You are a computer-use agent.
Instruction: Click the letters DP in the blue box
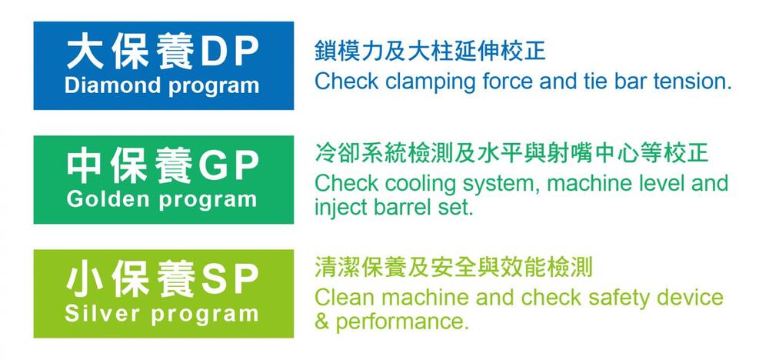(x=228, y=52)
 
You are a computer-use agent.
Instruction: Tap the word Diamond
(x=114, y=85)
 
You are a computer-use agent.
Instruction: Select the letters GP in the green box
(x=228, y=167)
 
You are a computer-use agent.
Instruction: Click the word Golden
(x=108, y=199)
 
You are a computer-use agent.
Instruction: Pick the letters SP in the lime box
(x=228, y=281)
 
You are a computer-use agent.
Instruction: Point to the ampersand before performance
(x=321, y=322)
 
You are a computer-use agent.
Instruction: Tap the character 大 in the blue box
(x=85, y=52)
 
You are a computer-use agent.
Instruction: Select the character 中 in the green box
(x=85, y=167)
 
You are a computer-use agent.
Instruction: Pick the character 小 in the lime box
(x=85, y=281)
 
